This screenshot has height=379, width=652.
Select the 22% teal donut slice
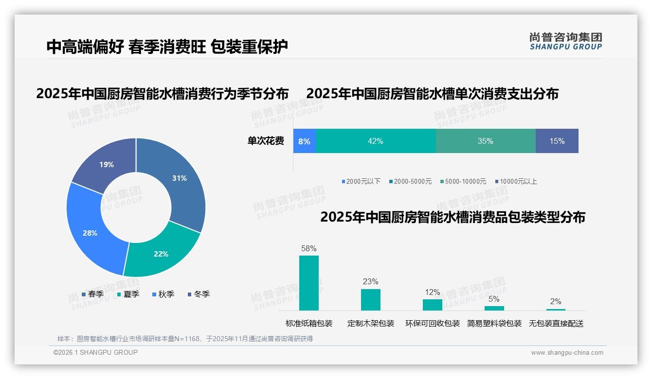point(161,253)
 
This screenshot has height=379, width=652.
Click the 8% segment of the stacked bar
point(305,141)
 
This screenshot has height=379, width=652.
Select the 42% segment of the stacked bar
point(376,141)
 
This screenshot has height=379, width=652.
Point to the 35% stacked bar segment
point(486,141)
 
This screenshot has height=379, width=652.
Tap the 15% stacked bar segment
point(557,141)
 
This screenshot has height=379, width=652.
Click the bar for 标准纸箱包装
point(309,283)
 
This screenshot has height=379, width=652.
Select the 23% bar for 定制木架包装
point(371,300)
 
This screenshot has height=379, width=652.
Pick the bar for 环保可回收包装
point(433,305)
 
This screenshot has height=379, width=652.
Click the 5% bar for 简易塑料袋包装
point(494,308)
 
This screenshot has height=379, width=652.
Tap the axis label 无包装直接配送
point(556,324)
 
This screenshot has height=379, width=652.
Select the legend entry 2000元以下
point(361,182)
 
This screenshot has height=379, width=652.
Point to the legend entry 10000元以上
point(516,182)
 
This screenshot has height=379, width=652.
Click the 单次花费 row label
point(266,141)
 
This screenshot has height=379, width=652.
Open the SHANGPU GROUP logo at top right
point(566,41)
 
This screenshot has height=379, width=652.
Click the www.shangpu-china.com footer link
point(567,353)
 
